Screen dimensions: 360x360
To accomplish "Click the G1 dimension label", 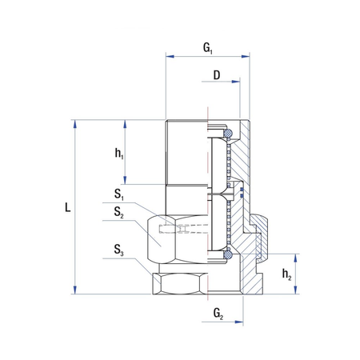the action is [208, 48].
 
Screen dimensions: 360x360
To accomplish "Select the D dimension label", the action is [217, 75].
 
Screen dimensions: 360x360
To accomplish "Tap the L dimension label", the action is [68, 207].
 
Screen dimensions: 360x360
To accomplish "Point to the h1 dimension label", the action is [119, 154].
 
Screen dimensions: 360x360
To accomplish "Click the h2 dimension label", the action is [286, 274].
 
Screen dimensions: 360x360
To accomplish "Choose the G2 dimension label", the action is [218, 314].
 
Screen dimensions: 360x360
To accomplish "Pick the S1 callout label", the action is [119, 194].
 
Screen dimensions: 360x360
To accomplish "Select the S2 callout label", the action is [119, 212].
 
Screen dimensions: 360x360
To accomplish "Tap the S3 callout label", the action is [119, 250].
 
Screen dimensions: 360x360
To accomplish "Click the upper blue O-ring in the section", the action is [228, 133].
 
